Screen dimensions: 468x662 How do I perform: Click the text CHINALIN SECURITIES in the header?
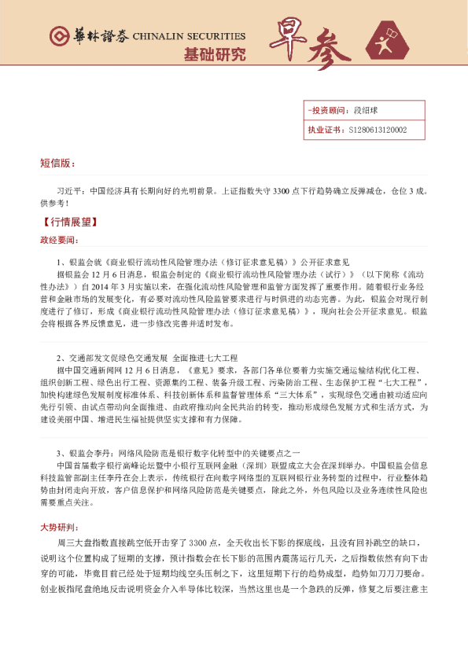190,37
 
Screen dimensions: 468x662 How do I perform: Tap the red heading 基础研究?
214,54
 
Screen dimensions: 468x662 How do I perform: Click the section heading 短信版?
57,163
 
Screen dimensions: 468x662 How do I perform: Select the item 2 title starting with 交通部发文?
158,347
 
